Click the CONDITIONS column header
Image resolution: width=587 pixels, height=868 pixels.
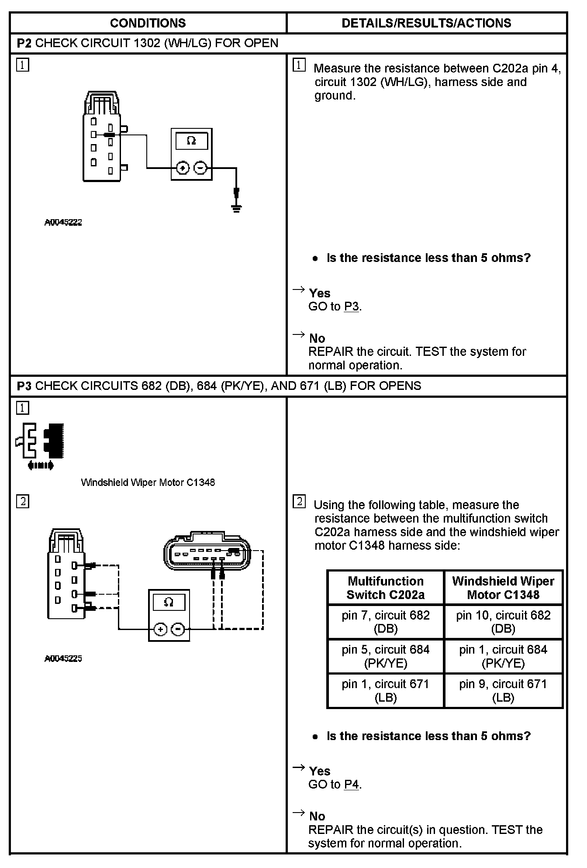pyautogui.click(x=148, y=23)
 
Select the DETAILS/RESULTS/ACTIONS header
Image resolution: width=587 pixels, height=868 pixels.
pyautogui.click(x=426, y=23)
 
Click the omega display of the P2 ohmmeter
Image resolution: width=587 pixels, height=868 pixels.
pyautogui.click(x=191, y=141)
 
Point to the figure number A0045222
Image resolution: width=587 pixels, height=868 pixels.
pyautogui.click(x=63, y=222)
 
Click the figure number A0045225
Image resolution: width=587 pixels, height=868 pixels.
pyautogui.click(x=63, y=658)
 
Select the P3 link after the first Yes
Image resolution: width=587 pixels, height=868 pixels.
pyautogui.click(x=351, y=307)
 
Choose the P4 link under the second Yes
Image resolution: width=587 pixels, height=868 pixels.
pyautogui.click(x=351, y=785)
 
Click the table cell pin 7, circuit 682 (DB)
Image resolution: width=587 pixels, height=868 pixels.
pyautogui.click(x=386, y=622)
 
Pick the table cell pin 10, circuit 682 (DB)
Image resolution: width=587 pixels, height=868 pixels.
pyautogui.click(x=503, y=622)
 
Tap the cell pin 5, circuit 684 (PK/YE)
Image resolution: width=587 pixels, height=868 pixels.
pyautogui.click(x=386, y=656)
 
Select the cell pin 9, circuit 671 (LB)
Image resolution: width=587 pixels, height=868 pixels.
pyautogui.click(x=503, y=691)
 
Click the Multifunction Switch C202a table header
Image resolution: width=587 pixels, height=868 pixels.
pyautogui.click(x=386, y=588)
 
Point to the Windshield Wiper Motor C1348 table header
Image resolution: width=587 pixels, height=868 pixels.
pyautogui.click(x=503, y=588)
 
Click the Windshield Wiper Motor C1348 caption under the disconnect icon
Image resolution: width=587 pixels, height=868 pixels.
pyautogui.click(x=148, y=482)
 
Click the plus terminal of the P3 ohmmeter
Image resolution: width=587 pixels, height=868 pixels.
pyautogui.click(x=160, y=629)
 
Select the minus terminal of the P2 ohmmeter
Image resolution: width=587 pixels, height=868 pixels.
pyautogui.click(x=200, y=168)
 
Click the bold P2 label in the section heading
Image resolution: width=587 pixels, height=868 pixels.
pyautogui.click(x=24, y=43)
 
